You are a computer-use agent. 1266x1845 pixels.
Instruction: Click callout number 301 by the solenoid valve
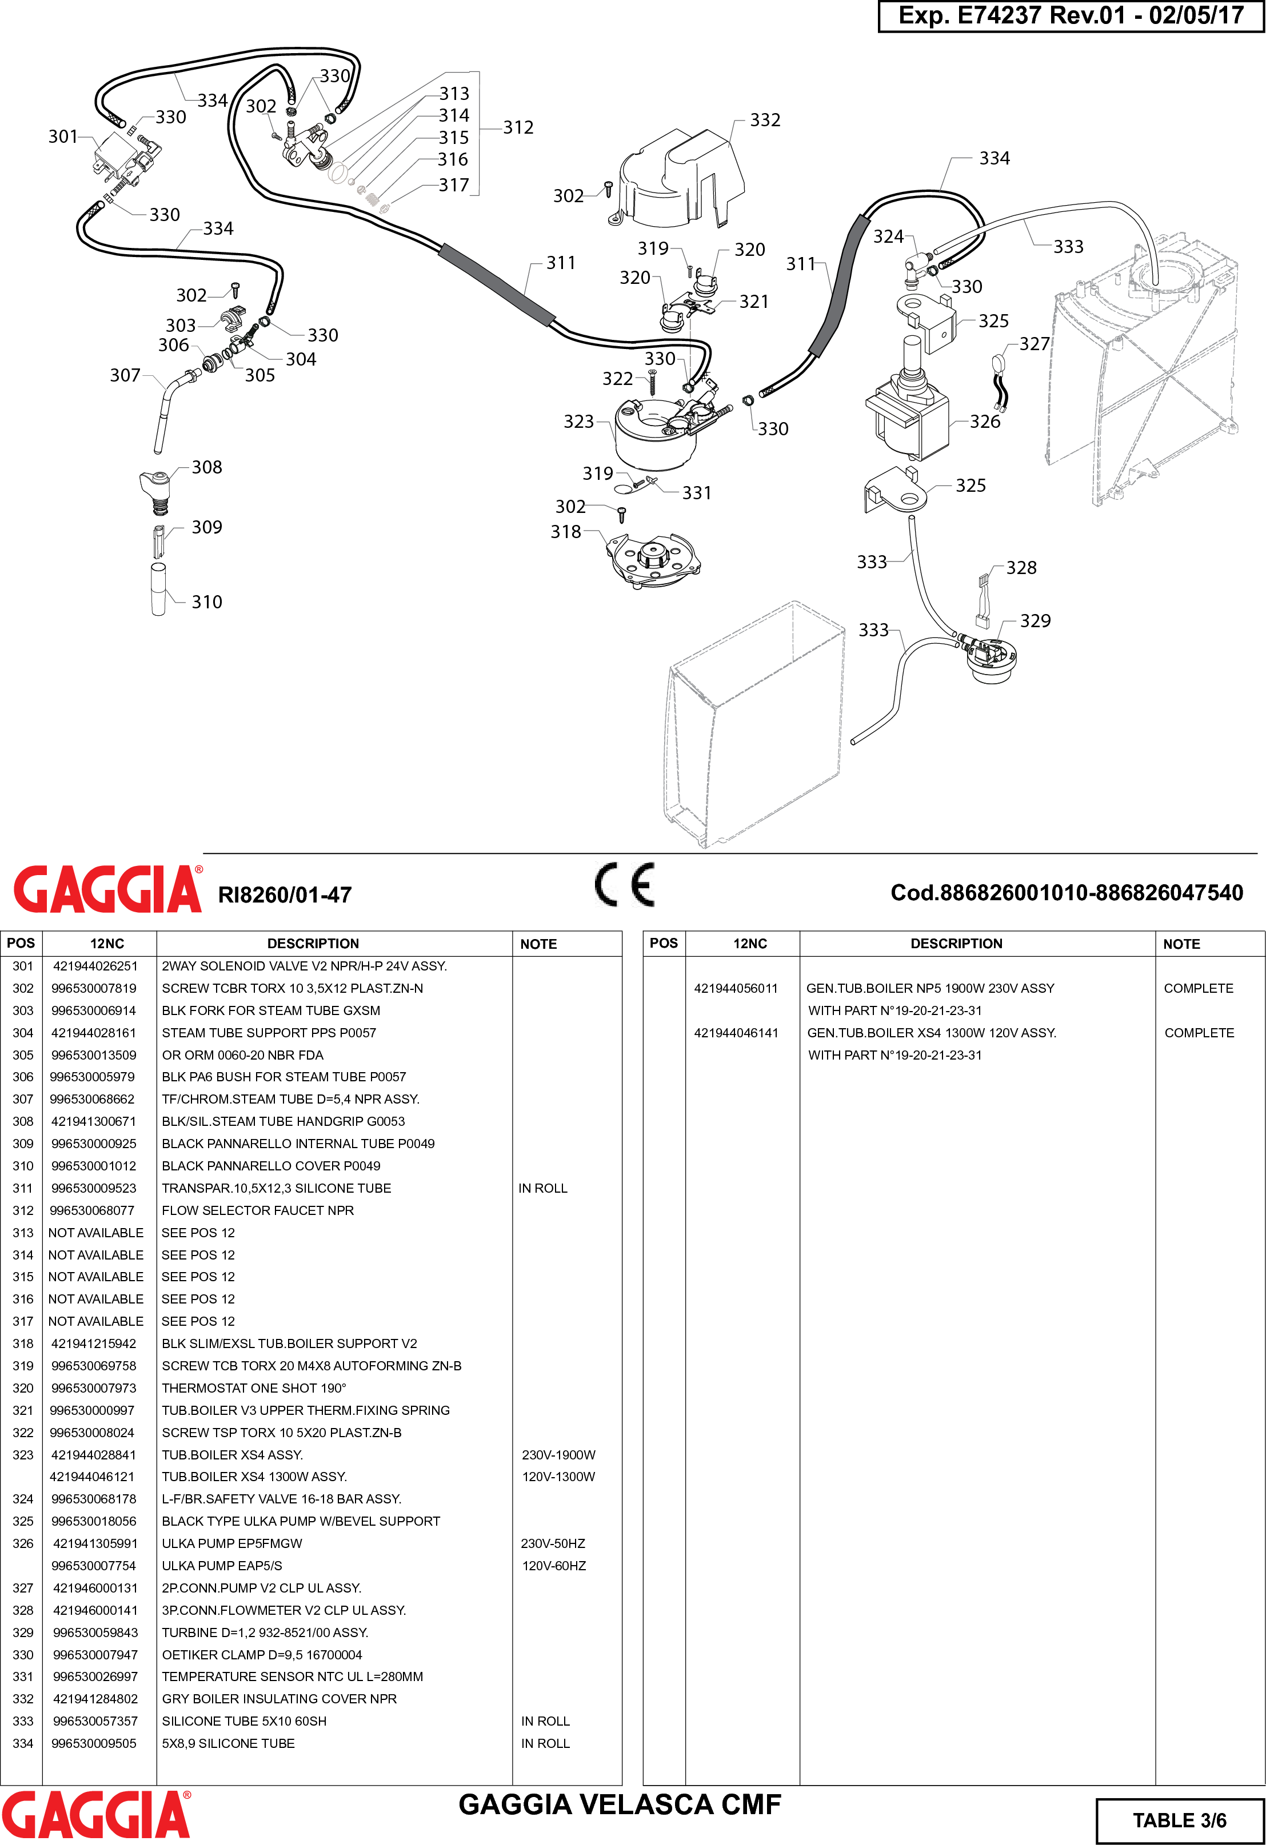click(63, 137)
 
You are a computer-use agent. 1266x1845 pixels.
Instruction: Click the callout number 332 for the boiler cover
click(765, 120)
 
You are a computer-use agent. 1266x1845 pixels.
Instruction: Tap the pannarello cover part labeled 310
click(159, 589)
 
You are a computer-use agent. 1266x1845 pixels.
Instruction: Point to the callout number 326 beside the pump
click(985, 422)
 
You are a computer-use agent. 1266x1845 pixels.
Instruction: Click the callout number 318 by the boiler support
click(565, 532)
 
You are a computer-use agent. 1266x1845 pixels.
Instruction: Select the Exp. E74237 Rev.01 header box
click(1070, 16)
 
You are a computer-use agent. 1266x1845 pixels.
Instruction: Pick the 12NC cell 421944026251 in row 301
click(95, 966)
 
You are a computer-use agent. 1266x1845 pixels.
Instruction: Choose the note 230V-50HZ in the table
click(553, 1543)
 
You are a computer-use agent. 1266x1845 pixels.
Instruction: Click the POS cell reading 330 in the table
click(23, 1654)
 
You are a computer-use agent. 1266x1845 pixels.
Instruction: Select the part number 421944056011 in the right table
click(736, 988)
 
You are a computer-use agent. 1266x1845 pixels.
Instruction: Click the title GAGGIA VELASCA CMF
click(620, 1804)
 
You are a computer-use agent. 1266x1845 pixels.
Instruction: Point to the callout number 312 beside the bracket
click(518, 128)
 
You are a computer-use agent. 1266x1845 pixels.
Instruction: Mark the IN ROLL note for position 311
click(542, 1189)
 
